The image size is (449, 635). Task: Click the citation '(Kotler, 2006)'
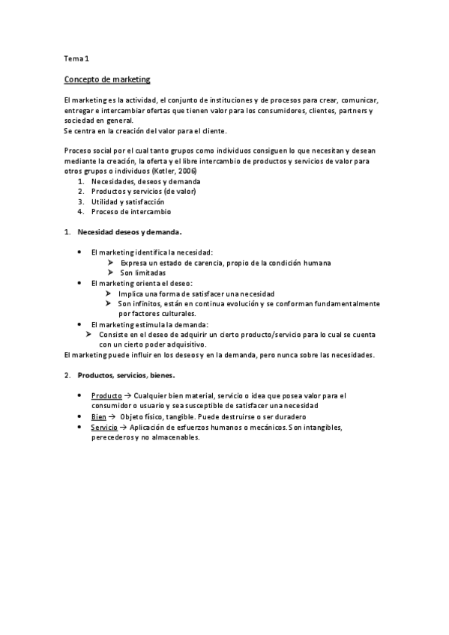tap(174, 171)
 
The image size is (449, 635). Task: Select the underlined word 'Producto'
tap(106, 395)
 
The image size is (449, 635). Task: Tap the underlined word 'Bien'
tap(98, 416)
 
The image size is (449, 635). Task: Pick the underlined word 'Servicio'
tap(104, 427)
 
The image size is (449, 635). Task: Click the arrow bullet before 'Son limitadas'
tap(110, 273)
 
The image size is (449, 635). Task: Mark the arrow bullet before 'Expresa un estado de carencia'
tap(110, 264)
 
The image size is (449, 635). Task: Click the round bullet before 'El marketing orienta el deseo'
tap(80, 284)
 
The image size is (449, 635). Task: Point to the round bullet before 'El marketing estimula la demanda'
tap(80, 324)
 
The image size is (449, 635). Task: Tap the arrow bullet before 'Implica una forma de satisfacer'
tap(110, 294)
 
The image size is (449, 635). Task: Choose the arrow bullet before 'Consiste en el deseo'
tap(90, 335)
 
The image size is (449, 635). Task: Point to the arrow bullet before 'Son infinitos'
tap(110, 304)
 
